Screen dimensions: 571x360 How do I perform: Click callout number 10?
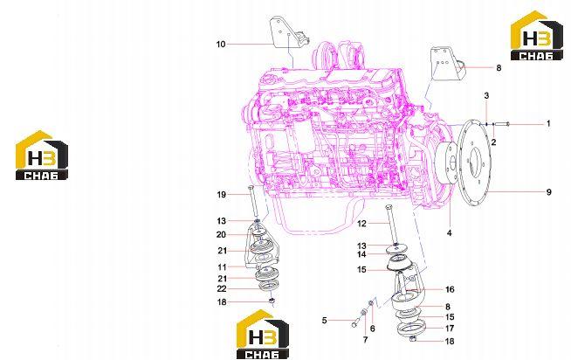point(221,45)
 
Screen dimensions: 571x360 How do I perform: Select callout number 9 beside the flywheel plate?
point(549,192)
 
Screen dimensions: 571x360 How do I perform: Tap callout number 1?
point(548,124)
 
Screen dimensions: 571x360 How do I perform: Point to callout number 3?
point(486,96)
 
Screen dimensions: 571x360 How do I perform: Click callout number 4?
point(450,232)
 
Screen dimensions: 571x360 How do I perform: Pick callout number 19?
point(222,195)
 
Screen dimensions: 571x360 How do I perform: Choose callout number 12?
point(361,224)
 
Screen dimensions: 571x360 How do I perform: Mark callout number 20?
point(222,235)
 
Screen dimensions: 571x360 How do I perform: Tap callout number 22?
point(222,289)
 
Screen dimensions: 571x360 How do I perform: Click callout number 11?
point(222,267)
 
